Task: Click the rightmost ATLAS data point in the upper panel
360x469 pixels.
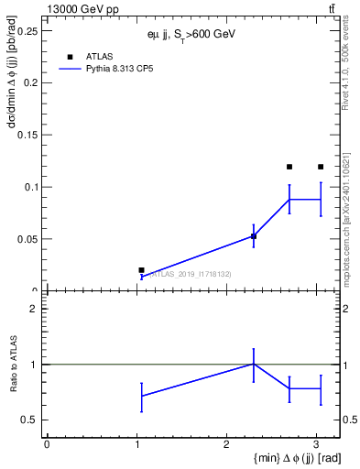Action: (x=321, y=167)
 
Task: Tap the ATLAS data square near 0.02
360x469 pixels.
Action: (x=141, y=270)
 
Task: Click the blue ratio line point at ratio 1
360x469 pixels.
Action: (x=254, y=364)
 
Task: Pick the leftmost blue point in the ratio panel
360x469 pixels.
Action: (x=141, y=396)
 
